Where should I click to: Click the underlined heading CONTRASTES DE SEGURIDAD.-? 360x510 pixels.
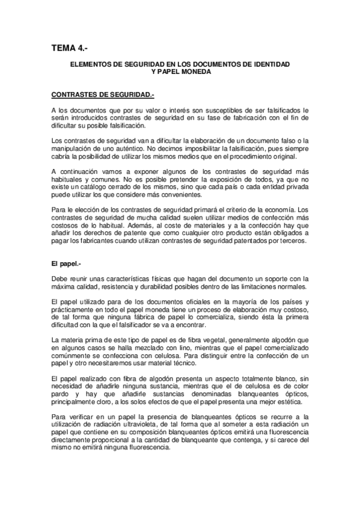point(103,94)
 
